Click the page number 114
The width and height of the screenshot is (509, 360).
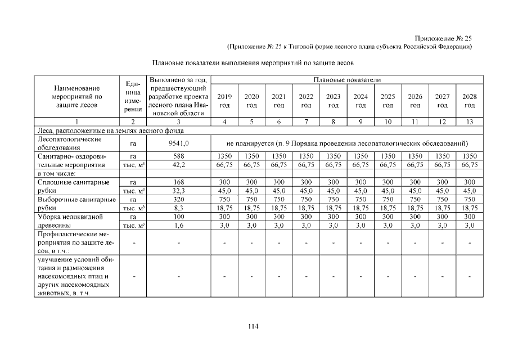coord(254,326)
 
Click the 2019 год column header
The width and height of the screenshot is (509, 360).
coord(224,101)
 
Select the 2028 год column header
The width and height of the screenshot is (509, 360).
coord(470,101)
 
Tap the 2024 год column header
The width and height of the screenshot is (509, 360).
coord(361,101)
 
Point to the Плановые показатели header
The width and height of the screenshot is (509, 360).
coord(347,80)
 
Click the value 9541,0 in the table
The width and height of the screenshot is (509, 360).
coord(178,143)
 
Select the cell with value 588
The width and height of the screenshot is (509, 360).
coord(178,156)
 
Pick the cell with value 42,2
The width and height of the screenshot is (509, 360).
coord(178,165)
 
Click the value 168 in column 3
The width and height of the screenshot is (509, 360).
coord(178,182)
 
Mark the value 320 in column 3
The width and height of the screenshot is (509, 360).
coord(178,199)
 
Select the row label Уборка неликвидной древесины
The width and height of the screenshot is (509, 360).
coord(70,220)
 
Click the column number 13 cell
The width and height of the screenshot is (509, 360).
coord(470,121)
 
